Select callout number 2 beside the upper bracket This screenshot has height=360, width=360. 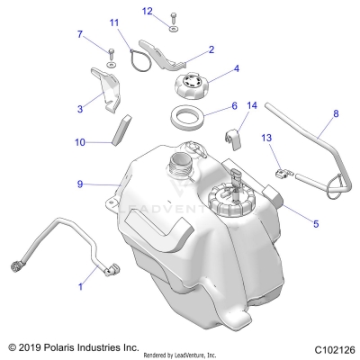tap(211, 50)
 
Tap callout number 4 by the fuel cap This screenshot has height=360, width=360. tap(237, 68)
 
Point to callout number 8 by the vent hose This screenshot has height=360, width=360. tap(310, 114)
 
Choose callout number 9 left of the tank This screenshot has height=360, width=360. tap(80, 184)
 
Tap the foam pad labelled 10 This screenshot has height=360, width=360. tap(114, 130)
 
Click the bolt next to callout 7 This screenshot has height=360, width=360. tap(110, 54)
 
